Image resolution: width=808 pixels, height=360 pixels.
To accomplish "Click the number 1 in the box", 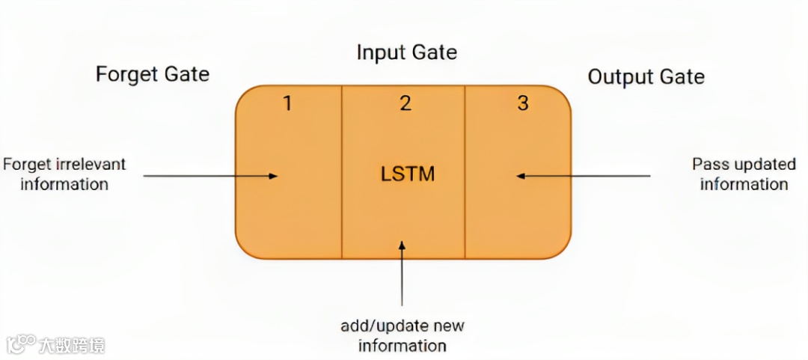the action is (x=287, y=103).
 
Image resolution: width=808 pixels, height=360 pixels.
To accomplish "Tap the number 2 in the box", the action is (x=405, y=103).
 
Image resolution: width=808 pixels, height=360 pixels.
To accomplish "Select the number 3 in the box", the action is (x=523, y=103).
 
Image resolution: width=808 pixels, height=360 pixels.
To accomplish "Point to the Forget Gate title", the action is (x=153, y=75).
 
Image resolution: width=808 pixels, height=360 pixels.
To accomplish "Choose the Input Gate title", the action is (x=406, y=53).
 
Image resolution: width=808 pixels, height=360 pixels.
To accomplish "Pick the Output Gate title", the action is (x=646, y=77).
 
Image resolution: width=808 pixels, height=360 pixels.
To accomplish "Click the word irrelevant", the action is (x=88, y=164).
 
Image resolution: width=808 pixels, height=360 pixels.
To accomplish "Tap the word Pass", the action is (x=709, y=165).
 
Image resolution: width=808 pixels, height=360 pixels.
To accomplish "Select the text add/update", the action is (x=380, y=326).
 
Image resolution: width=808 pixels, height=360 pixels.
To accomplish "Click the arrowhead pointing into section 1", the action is (x=274, y=176).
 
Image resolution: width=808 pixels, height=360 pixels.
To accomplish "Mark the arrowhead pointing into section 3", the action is (x=521, y=176).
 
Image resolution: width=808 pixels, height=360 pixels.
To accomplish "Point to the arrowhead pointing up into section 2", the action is (x=403, y=245).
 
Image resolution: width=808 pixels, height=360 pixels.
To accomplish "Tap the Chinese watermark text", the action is (x=72, y=345).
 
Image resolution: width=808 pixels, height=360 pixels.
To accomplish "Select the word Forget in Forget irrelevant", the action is (x=25, y=164).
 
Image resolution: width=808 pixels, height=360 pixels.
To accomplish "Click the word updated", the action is (x=762, y=165).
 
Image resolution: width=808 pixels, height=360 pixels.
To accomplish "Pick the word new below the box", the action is (x=448, y=326).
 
